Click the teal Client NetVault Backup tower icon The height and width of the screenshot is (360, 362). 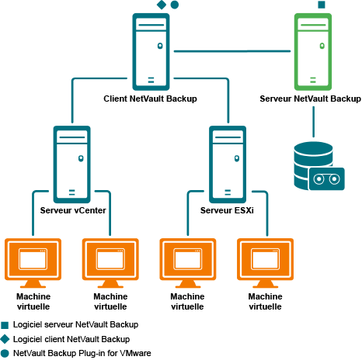(x=151, y=52)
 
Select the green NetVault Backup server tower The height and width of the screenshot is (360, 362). (x=313, y=52)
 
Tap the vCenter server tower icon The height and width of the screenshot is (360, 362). (x=71, y=164)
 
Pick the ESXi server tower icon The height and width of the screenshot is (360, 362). (x=228, y=164)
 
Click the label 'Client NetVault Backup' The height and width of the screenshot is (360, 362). (x=150, y=99)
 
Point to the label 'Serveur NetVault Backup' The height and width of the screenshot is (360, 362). (x=310, y=99)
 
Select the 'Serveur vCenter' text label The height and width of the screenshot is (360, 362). (x=73, y=210)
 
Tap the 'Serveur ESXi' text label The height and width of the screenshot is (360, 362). (x=227, y=210)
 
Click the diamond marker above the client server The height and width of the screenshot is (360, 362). (x=162, y=5)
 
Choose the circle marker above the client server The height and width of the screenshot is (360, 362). (x=175, y=5)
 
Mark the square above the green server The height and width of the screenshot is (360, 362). (x=322, y=5)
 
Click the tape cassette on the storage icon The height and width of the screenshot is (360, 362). (x=327, y=179)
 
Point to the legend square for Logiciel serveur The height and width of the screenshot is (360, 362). (x=5, y=325)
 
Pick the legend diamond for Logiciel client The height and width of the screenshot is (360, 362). (x=5, y=339)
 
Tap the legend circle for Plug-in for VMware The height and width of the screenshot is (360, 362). (x=5, y=353)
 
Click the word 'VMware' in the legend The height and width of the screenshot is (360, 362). (x=136, y=353)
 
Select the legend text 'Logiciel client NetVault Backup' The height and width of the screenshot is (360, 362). (x=71, y=339)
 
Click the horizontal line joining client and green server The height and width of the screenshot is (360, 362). (x=232, y=51)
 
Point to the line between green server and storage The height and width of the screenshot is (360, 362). (x=313, y=122)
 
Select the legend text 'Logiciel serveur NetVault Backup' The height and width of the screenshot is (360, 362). (x=75, y=324)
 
